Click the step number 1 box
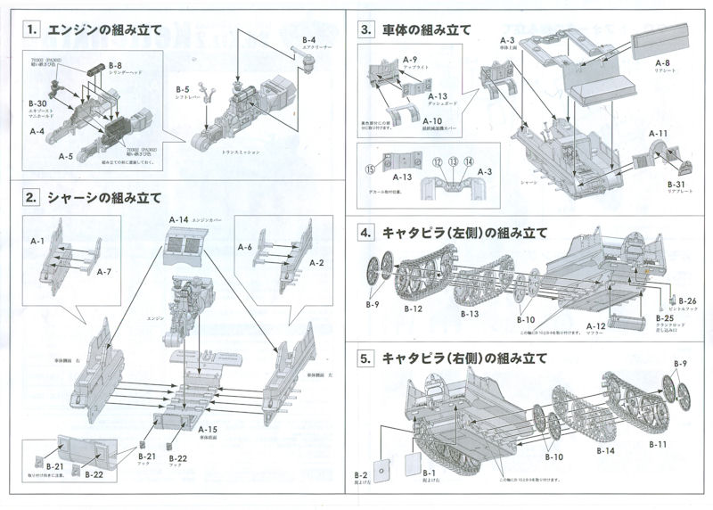tap(32, 29)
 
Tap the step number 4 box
tap(366, 233)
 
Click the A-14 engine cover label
tap(178, 218)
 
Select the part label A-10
tap(432, 120)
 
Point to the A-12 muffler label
tap(596, 326)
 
